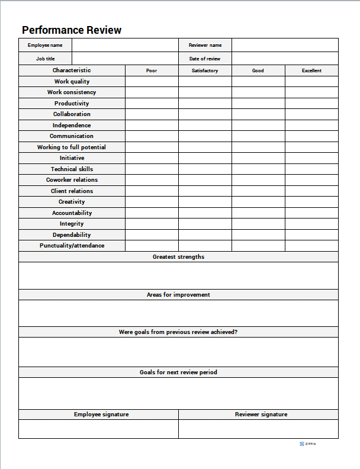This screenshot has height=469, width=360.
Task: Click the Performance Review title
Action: (x=72, y=30)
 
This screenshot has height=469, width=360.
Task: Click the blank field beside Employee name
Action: (x=125, y=45)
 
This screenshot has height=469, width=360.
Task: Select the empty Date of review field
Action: (x=285, y=59)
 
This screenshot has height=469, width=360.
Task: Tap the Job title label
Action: (x=45, y=59)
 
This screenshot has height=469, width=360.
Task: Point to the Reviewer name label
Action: (x=205, y=45)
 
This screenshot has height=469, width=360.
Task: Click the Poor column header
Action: (x=152, y=70)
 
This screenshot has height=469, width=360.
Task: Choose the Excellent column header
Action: (x=311, y=70)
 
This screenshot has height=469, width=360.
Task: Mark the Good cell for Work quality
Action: (x=258, y=82)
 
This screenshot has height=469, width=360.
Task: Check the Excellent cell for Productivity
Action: (x=311, y=104)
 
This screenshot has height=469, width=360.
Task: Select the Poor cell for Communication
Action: (x=152, y=136)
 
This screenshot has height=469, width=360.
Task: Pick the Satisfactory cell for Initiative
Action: (x=205, y=158)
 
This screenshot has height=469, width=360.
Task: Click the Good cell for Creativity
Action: (x=258, y=202)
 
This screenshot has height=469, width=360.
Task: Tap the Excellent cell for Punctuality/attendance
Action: (x=311, y=246)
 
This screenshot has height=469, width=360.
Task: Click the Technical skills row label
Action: (x=72, y=169)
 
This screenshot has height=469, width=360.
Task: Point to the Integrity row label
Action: (x=72, y=224)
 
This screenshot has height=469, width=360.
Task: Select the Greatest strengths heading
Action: (x=178, y=257)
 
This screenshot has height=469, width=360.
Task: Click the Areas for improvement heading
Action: (x=178, y=294)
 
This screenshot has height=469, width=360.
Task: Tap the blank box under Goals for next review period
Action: (x=178, y=393)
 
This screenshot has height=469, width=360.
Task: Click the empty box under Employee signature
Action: (x=98, y=429)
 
